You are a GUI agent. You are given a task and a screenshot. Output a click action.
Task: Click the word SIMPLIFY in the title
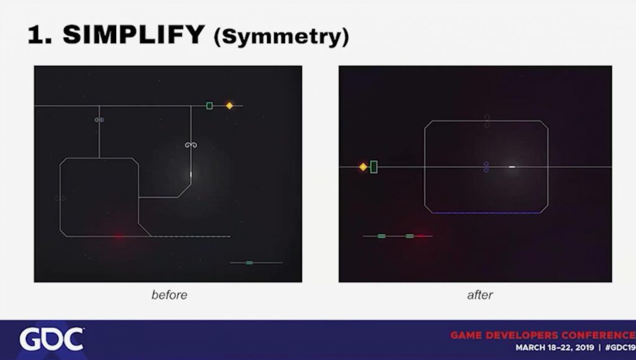click(x=134, y=34)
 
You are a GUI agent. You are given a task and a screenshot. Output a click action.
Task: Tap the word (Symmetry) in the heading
click(x=281, y=37)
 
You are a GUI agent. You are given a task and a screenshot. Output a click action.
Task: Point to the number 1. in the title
click(x=40, y=35)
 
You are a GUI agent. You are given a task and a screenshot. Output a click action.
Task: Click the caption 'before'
click(x=169, y=295)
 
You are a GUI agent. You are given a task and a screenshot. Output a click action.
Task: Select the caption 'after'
click(x=480, y=295)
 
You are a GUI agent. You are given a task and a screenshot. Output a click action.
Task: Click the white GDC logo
click(x=52, y=339)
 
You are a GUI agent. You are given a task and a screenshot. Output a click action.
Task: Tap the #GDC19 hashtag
click(x=620, y=348)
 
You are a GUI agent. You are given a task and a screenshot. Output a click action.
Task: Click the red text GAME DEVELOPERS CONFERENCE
click(x=543, y=335)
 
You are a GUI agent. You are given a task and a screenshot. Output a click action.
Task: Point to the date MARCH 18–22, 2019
click(x=555, y=348)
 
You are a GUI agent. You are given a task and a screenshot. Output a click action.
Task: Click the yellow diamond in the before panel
click(x=230, y=106)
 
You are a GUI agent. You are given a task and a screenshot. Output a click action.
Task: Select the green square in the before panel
click(x=209, y=106)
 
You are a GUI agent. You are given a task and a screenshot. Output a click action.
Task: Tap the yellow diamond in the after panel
click(x=363, y=167)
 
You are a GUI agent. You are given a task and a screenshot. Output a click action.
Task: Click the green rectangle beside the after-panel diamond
click(x=373, y=167)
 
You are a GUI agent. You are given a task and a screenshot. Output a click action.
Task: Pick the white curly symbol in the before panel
click(x=191, y=145)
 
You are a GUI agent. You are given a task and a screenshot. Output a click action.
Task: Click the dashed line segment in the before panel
click(x=191, y=236)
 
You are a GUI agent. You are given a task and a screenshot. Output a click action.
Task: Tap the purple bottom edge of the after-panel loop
click(x=486, y=213)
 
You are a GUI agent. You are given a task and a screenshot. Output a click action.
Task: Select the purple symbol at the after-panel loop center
click(x=486, y=166)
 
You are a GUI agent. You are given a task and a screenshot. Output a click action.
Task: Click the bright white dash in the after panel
click(x=512, y=166)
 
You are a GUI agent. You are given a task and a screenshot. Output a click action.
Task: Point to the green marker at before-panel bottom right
click(x=249, y=263)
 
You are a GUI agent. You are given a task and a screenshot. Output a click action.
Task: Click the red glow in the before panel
click(x=118, y=236)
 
